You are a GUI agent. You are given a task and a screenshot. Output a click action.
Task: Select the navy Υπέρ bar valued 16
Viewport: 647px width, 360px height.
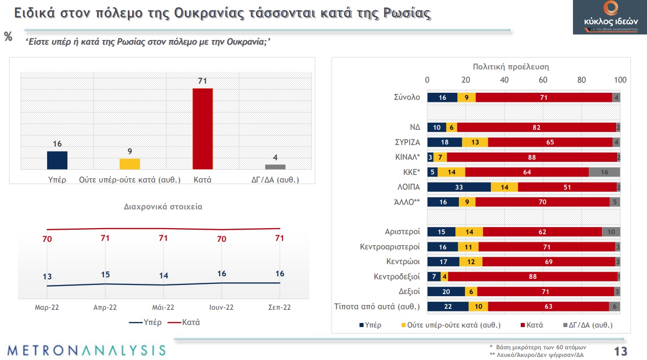[57, 160]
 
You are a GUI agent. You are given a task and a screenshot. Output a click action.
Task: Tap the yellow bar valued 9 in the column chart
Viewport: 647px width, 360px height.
[130, 164]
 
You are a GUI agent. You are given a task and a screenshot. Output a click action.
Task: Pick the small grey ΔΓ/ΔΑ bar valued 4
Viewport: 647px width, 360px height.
[275, 167]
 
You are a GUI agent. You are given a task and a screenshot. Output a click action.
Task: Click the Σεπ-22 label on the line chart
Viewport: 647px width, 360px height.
[280, 307]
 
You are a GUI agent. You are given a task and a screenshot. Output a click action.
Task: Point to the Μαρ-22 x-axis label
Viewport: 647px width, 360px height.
[47, 307]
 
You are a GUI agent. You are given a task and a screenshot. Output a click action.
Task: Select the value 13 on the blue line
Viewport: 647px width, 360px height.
[47, 277]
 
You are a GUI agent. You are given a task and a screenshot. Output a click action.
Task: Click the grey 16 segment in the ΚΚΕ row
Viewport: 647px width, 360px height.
[604, 172]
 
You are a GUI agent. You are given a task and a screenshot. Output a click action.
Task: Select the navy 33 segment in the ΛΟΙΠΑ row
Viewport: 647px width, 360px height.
[459, 187]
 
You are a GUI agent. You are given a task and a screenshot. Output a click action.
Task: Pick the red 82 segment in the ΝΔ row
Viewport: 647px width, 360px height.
[537, 127]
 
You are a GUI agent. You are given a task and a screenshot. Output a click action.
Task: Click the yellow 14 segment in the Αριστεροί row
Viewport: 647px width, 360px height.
[469, 232]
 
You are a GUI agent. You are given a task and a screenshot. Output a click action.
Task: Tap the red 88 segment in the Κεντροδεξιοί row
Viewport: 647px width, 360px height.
[532, 277]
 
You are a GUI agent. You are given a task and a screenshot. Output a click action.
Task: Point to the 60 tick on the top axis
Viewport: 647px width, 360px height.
[543, 80]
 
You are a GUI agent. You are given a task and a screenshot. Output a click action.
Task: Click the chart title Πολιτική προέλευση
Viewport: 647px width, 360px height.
[511, 66]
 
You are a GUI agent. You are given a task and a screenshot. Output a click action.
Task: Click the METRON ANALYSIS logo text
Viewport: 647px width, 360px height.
[86, 350]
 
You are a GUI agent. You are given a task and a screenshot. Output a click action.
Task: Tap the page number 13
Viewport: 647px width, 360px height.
[621, 351]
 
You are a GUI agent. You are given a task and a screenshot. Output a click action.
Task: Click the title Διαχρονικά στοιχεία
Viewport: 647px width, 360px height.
[163, 207]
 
